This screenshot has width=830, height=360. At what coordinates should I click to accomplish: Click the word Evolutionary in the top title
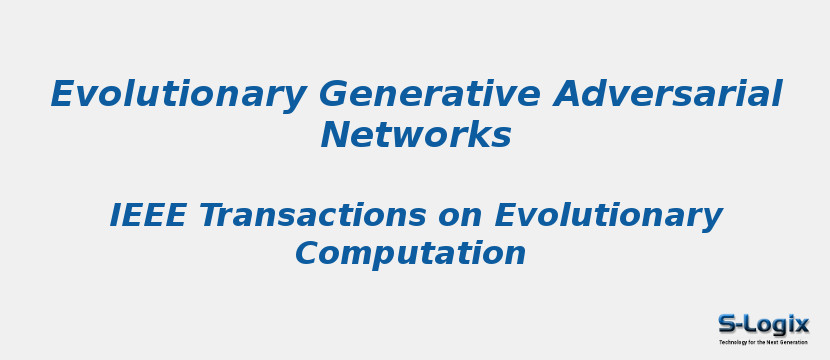pos(178,95)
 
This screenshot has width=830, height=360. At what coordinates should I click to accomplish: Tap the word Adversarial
pos(668,95)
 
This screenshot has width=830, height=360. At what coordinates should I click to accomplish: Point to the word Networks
pos(416,135)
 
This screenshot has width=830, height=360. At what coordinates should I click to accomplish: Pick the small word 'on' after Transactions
pos(461,216)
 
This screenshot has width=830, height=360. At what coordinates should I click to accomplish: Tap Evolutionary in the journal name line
pos(608,215)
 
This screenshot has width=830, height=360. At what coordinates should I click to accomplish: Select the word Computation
pos(410,253)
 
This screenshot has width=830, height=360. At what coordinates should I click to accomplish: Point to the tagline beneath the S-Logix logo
pos(763,342)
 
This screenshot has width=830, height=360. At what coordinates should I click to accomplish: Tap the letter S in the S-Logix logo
pos(729,324)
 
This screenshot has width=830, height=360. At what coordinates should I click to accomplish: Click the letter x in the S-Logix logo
pos(800,325)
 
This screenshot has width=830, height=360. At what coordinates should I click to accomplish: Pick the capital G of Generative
pos(333,95)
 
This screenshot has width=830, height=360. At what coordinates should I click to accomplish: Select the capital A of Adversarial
pos(567,95)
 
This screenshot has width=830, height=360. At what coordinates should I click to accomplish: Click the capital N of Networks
pos(335,135)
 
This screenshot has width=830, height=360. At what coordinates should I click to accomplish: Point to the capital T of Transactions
pos(210,215)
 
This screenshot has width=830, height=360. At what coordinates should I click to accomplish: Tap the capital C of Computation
pos(307,253)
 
